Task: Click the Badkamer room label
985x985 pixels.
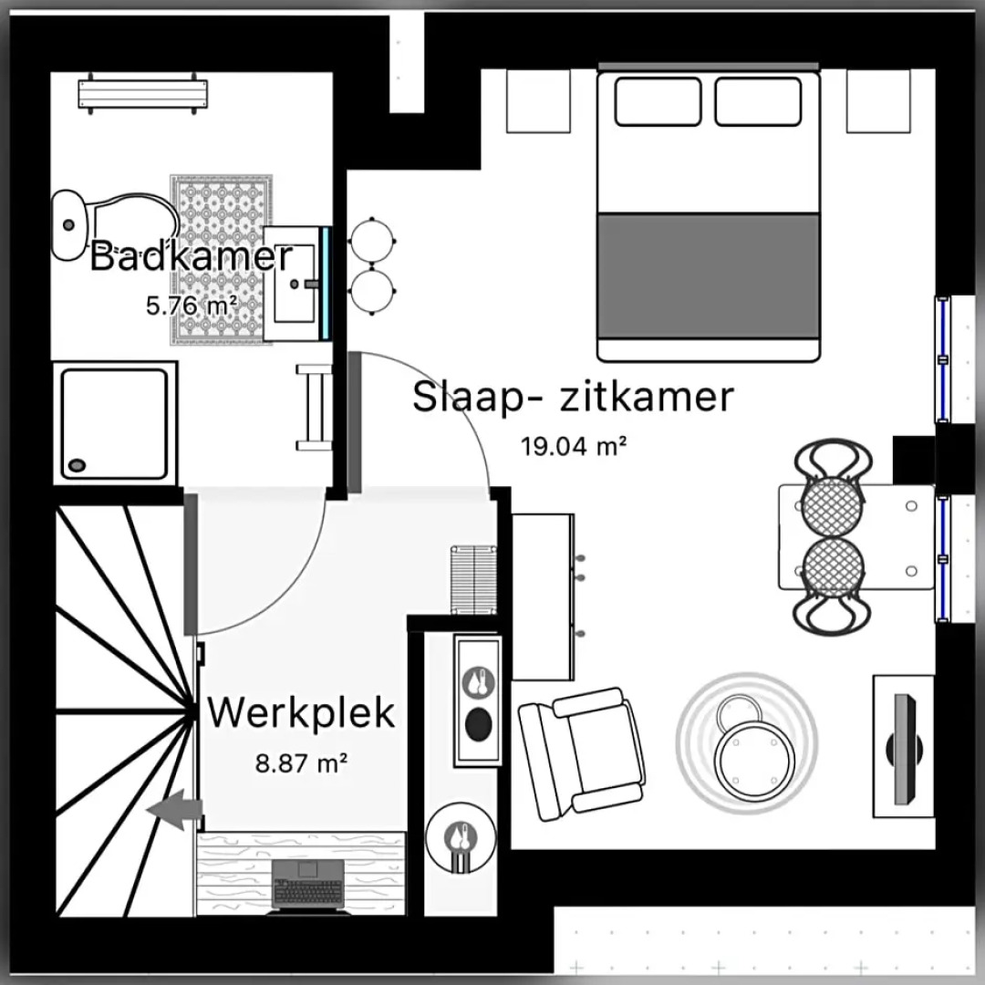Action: click(x=192, y=256)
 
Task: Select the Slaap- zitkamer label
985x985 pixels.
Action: click(x=573, y=398)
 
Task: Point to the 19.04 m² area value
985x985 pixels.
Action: click(x=574, y=446)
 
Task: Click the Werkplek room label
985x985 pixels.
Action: click(x=302, y=712)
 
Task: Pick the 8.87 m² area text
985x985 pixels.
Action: click(x=302, y=762)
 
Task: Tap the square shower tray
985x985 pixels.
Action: click(x=114, y=422)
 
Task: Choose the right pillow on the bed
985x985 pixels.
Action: click(x=758, y=101)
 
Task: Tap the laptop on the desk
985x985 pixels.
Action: click(x=308, y=884)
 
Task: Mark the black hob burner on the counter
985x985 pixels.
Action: click(x=478, y=722)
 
